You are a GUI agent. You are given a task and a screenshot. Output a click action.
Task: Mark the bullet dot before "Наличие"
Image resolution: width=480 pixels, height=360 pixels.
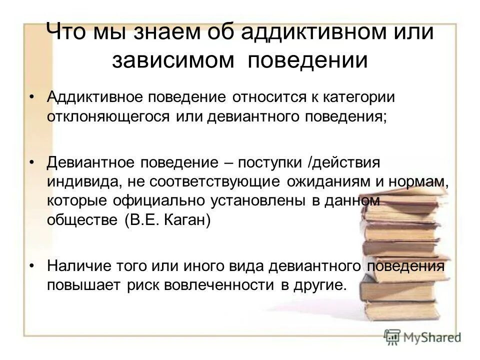[32, 265]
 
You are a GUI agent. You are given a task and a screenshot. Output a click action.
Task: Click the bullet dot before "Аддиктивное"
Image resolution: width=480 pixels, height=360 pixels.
[32, 96]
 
